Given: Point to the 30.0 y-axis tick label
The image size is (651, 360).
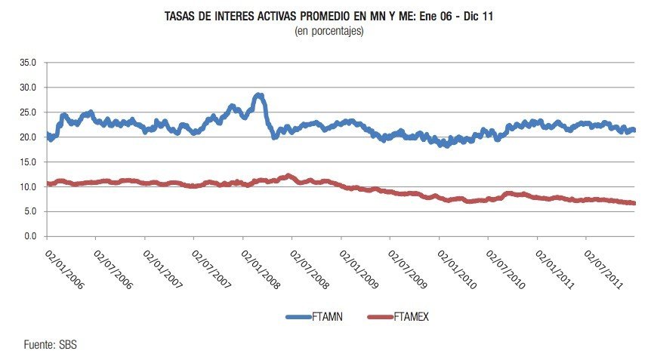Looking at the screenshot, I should click(28, 88).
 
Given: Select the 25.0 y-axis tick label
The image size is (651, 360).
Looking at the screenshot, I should click(28, 112).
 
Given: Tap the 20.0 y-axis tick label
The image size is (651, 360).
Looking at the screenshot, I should click(28, 137).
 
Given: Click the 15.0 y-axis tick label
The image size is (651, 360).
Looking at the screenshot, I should click(28, 162).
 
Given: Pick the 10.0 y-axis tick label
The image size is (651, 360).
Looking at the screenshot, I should click(28, 187).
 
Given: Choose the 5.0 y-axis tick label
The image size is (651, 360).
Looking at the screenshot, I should click(30, 212).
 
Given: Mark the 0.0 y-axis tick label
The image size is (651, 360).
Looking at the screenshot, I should click(30, 237).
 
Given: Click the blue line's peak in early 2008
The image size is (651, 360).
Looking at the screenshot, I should click(259, 95).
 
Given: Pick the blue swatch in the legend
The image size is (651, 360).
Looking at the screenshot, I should click(298, 318).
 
